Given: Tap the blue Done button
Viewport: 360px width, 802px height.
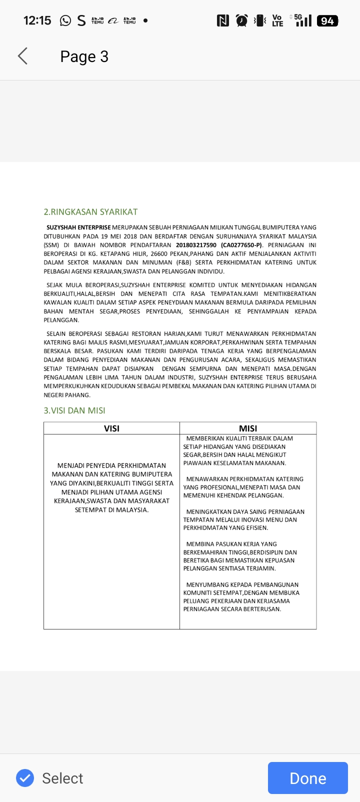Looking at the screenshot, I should tap(307, 778).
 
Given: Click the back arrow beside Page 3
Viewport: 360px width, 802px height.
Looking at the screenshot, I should tap(22, 56).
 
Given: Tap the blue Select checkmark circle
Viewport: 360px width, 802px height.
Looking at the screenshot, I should tap(25, 778).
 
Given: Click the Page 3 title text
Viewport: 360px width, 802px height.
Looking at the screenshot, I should tap(84, 56).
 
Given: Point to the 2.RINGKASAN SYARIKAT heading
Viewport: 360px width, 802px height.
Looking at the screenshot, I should tap(90, 212).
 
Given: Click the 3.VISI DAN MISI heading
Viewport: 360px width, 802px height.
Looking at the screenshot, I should tap(74, 410).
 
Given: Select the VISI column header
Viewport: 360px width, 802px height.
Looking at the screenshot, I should tap(111, 428).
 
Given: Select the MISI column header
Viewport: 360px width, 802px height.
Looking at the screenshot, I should tap(248, 428).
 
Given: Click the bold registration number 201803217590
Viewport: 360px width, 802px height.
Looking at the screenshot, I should tap(196, 245).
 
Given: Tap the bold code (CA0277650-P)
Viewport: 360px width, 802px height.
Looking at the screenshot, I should tap(241, 245).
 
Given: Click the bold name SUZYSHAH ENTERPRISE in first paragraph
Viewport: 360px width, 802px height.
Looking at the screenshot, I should tap(78, 227).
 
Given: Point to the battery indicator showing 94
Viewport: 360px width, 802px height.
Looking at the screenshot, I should tap(327, 20).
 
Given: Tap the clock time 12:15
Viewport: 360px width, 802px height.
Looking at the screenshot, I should tap(37, 20).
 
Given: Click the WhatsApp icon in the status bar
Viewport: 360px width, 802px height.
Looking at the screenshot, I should tap(65, 20).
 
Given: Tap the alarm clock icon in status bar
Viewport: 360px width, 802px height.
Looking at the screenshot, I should tap(242, 20).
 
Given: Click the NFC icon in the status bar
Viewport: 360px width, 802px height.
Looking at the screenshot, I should tap(223, 20).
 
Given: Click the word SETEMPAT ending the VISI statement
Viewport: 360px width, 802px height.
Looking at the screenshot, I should tap(90, 510).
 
